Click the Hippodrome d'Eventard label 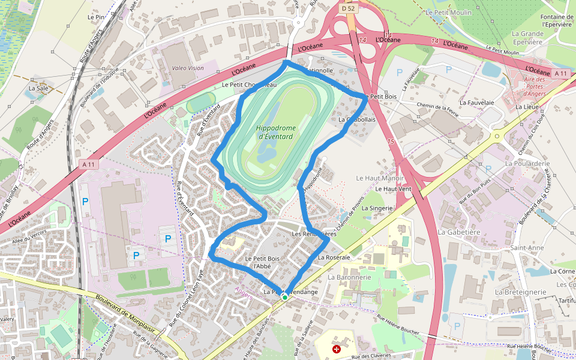tap(274, 132)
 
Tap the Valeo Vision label tap(188, 68)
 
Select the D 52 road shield tap(348, 8)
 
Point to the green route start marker tap(285, 297)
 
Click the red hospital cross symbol tap(336, 348)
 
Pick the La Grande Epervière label tap(527, 38)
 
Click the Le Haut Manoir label tap(380, 178)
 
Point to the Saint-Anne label tap(527, 247)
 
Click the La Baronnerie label tap(349, 277)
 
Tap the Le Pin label tap(96, 17)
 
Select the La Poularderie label tap(527, 163)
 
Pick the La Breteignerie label tap(520, 292)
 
